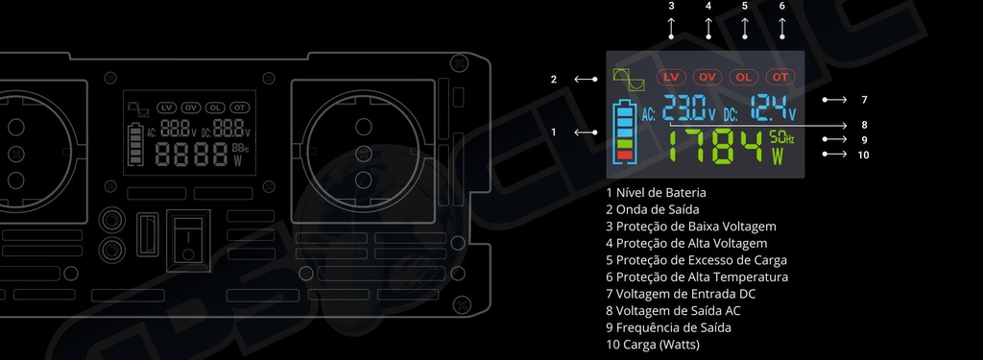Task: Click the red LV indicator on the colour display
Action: click(671, 77)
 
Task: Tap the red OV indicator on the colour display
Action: click(707, 77)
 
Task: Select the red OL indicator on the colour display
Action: click(744, 77)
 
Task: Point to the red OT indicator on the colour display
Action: click(779, 77)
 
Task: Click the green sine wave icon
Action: click(629, 79)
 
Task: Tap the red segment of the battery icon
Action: click(624, 155)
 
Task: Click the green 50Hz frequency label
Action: click(781, 137)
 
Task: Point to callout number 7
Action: click(864, 100)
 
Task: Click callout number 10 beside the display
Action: click(863, 155)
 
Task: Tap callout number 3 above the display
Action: click(671, 7)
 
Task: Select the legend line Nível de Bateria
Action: click(656, 193)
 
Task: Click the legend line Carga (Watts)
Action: click(653, 345)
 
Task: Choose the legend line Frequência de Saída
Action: click(668, 327)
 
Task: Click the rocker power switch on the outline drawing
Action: click(188, 241)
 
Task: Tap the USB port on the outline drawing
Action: click(147, 234)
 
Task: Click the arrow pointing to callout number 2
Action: click(586, 79)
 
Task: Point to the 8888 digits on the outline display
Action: click(191, 154)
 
